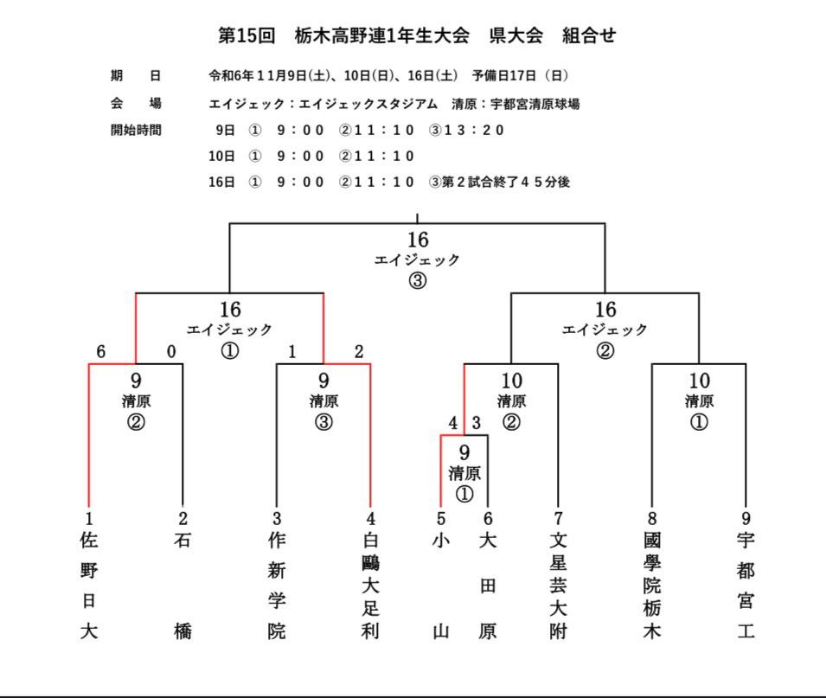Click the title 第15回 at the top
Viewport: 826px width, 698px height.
(x=247, y=35)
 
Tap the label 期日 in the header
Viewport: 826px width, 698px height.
(x=136, y=75)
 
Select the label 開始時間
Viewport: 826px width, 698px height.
(x=136, y=130)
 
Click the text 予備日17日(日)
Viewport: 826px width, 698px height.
(x=520, y=76)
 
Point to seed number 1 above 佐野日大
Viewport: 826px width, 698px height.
(x=88, y=518)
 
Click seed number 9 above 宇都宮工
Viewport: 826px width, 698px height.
(x=746, y=518)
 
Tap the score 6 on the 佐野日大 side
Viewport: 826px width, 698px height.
(x=100, y=351)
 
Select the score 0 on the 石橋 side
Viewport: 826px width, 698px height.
(x=171, y=351)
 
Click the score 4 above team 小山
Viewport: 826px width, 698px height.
(x=452, y=422)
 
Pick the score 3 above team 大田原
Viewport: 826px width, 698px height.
(x=477, y=422)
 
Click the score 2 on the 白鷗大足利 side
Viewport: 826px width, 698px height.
(x=359, y=351)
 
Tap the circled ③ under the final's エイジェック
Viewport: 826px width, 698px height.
(x=417, y=280)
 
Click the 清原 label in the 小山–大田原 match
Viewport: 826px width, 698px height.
(x=464, y=473)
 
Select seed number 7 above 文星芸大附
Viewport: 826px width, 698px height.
(x=558, y=518)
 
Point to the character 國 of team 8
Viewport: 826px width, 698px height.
(x=651, y=541)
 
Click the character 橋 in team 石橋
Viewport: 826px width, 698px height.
(x=182, y=631)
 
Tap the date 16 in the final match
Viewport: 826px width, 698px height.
(x=417, y=240)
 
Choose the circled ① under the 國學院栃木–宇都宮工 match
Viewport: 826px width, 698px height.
(x=699, y=422)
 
